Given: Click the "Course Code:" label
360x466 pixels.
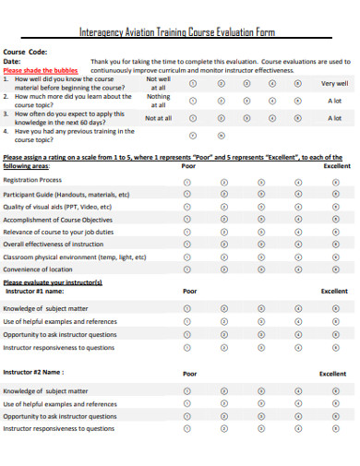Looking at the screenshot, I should (26, 53).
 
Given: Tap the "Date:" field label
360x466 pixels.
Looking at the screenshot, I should (14, 62).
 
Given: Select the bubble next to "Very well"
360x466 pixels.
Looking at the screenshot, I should (296, 82).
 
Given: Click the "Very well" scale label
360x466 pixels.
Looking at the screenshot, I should (333, 82).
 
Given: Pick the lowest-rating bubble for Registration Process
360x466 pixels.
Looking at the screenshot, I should (188, 182).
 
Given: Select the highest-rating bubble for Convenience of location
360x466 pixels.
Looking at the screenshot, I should (333, 269).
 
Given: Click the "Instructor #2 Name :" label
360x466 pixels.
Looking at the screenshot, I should (33, 373).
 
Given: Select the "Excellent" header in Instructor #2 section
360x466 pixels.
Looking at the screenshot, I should (332, 374).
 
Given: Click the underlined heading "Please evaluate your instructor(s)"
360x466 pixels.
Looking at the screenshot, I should (53, 281).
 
